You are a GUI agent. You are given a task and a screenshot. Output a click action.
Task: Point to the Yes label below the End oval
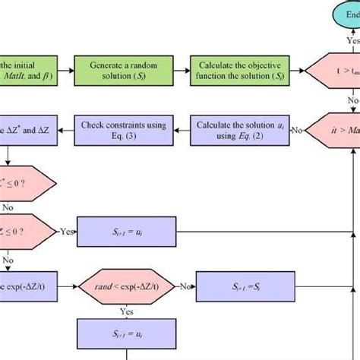[x=352, y=39]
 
